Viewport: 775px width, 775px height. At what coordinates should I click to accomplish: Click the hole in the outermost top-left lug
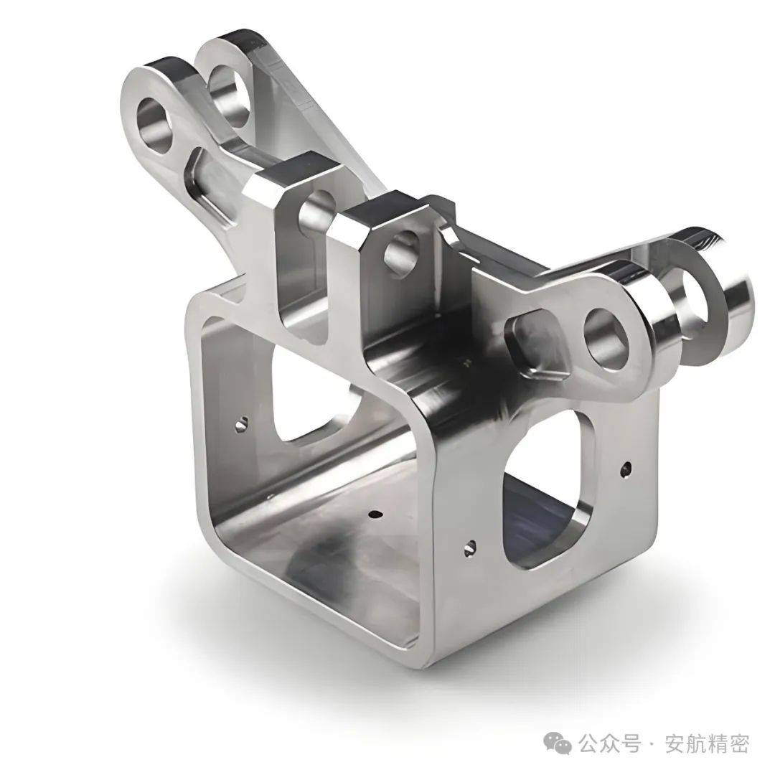click(157, 125)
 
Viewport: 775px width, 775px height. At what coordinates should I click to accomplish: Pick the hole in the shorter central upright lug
click(400, 251)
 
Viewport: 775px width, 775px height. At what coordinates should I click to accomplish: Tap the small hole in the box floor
click(375, 515)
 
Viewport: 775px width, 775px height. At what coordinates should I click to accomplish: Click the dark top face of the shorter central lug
click(391, 208)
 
